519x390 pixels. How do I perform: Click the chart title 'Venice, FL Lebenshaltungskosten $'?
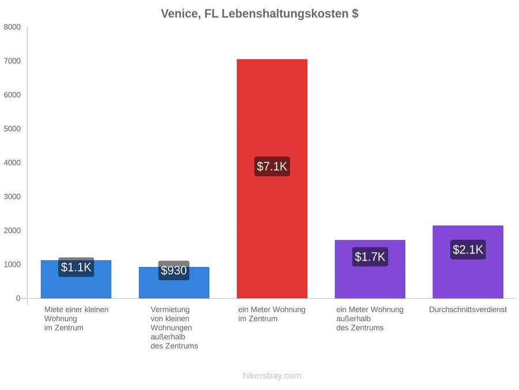pos(259,14)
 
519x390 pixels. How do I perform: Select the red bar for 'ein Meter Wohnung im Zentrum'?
pos(272,179)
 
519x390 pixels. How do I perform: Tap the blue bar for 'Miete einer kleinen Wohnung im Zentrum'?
pos(76,279)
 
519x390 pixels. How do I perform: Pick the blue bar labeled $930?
pos(174,283)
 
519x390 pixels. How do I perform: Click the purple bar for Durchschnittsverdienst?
pos(468,262)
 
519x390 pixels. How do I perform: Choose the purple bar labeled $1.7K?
pos(370,269)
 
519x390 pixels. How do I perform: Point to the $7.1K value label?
pos(272,166)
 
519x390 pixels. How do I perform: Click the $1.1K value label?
pos(76,267)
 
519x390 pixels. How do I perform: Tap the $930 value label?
pos(174,270)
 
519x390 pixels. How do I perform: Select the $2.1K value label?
pos(468,250)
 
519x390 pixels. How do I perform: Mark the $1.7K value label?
pos(370,257)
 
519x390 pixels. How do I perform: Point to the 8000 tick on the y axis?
pos(12,27)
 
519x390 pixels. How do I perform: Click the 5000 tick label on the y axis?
pos(12,129)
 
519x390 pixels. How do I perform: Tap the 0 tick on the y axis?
pos(18,299)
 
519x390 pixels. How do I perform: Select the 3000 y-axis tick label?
pos(12,196)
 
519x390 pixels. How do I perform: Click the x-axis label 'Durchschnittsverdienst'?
pos(468,310)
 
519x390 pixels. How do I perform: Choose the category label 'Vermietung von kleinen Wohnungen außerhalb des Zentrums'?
pos(174,328)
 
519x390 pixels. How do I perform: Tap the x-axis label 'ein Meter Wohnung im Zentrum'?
pos(272,314)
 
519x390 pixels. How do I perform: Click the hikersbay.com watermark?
pos(272,376)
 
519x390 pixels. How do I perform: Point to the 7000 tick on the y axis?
pos(12,61)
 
